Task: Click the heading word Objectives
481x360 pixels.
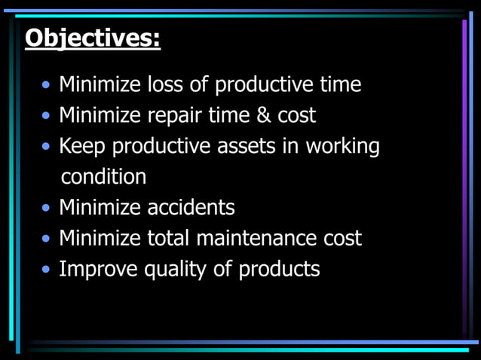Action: (92, 37)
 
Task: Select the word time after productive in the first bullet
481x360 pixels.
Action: (338, 84)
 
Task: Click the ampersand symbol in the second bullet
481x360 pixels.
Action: (260, 115)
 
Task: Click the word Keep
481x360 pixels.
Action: (82, 147)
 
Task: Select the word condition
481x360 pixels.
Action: (103, 177)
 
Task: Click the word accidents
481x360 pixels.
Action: (191, 207)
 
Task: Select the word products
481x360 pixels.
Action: (279, 269)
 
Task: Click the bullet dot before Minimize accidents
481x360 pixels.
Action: (47, 209)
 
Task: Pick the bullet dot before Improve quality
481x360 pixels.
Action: (47, 270)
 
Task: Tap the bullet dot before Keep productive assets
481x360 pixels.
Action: (47, 147)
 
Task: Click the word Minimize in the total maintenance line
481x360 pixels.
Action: (100, 238)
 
